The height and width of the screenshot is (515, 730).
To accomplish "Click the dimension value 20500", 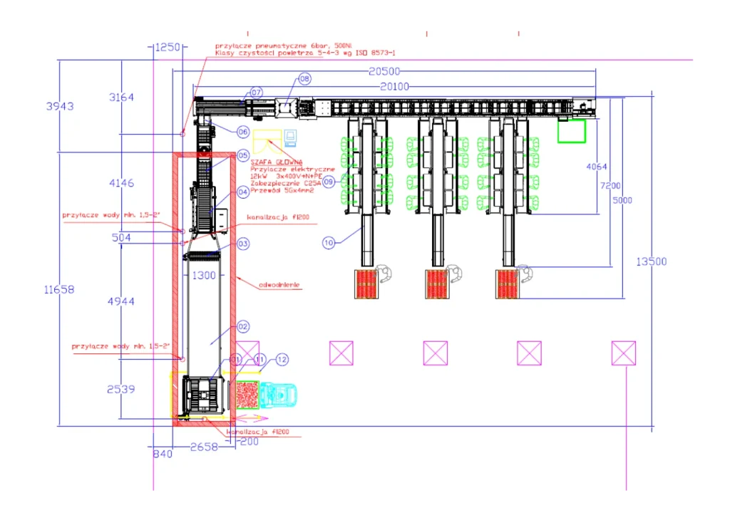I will point(384,71).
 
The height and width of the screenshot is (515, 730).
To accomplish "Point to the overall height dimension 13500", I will point(652,261).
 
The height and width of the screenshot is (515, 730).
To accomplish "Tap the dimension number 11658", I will point(59,290).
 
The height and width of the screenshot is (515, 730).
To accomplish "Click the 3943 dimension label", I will point(60,106).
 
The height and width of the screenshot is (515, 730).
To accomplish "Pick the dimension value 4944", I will point(121,301).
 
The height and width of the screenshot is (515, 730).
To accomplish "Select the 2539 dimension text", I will point(121,389).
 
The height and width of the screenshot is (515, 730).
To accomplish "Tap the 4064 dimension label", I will point(597,167).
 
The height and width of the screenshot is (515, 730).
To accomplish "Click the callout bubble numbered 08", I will point(304,79).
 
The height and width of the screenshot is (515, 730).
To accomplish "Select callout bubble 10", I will point(328,243).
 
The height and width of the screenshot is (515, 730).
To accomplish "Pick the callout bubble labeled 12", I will point(282,360).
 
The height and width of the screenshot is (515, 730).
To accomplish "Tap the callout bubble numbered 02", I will point(242,327).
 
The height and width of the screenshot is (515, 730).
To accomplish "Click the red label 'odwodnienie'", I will point(279,284).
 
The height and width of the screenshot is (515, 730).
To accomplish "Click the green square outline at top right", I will point(571,131).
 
